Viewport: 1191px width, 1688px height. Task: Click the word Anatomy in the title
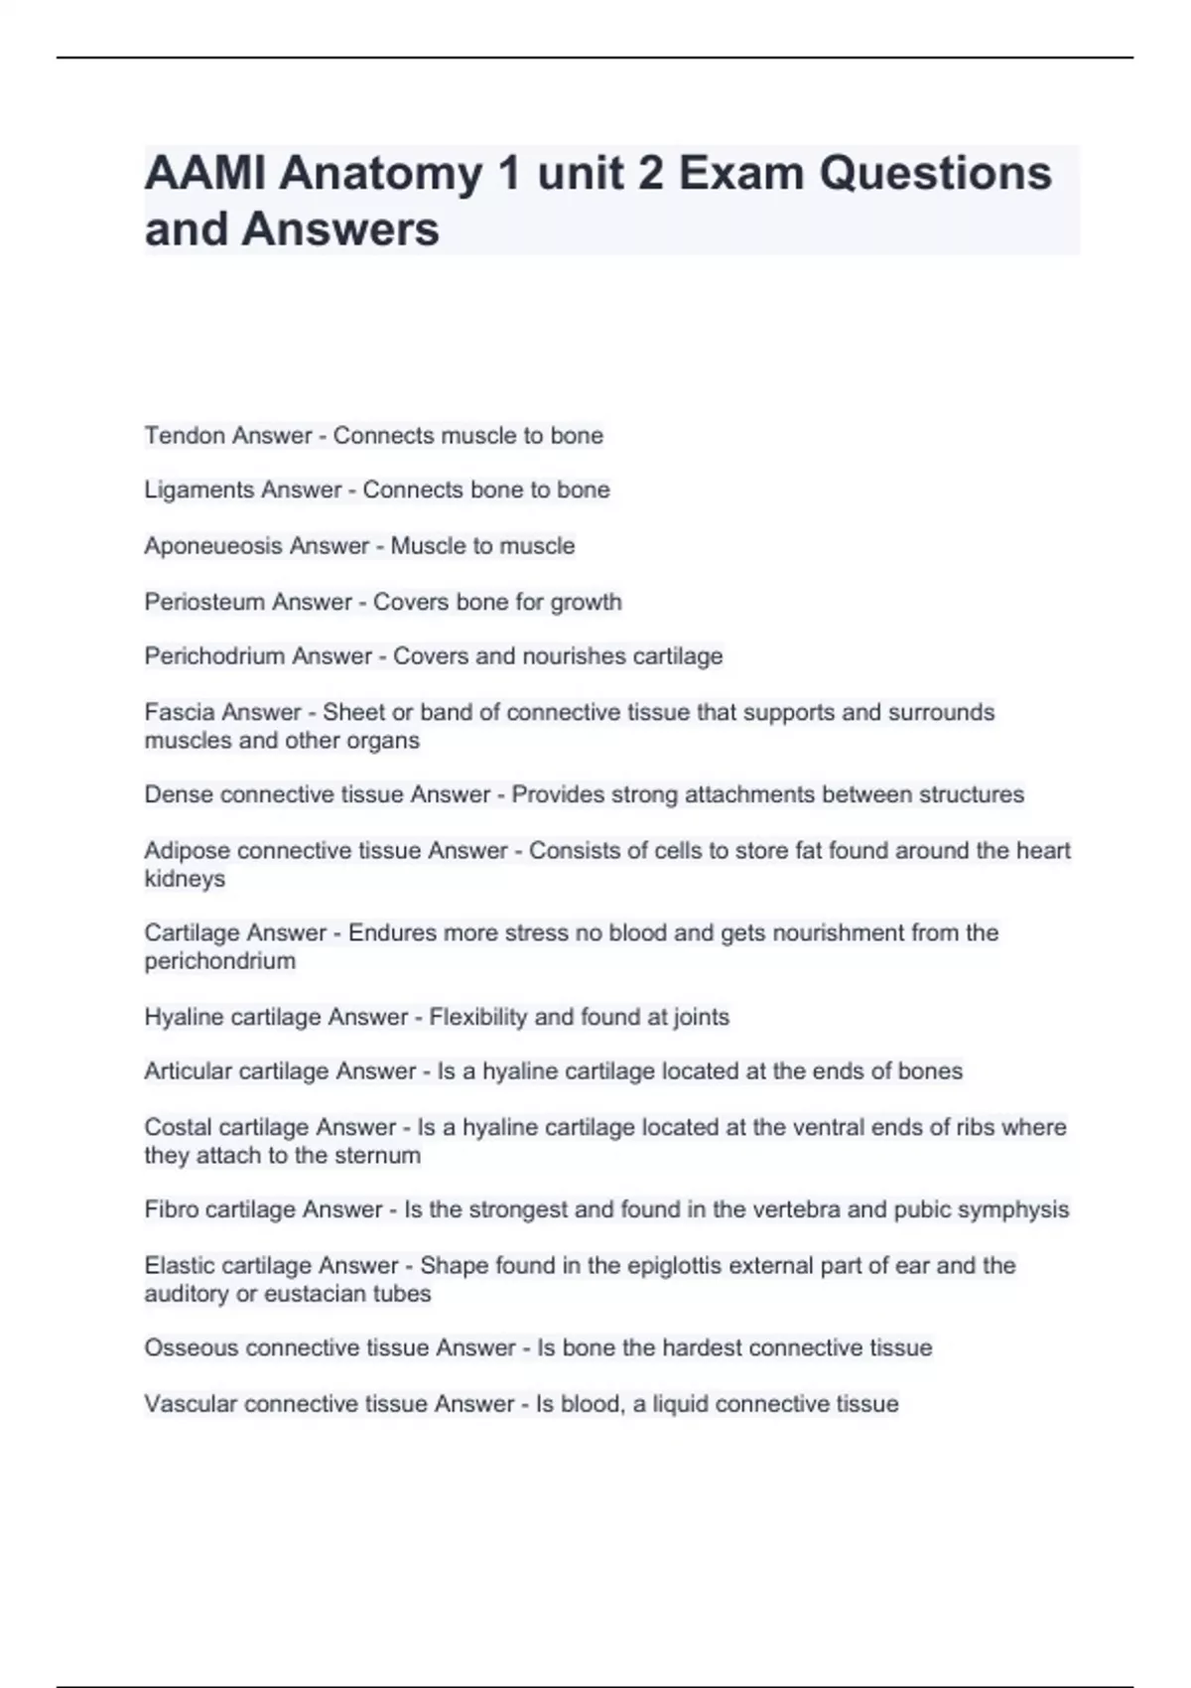380,174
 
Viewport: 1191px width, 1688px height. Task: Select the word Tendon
180,436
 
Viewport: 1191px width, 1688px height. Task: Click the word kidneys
185,879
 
